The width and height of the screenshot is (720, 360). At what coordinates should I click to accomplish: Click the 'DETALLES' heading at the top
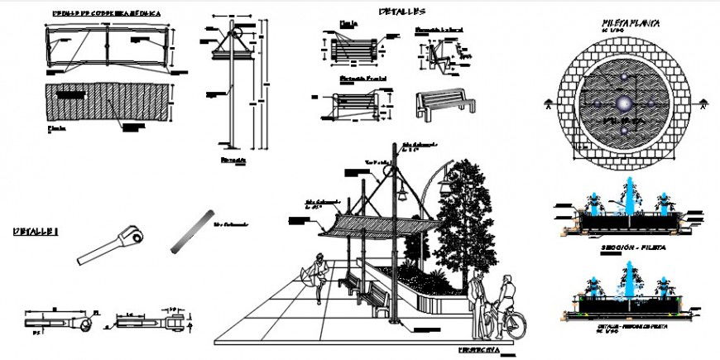pyautogui.click(x=402, y=12)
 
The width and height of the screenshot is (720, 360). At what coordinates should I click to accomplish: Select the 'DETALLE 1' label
pyautogui.click(x=36, y=233)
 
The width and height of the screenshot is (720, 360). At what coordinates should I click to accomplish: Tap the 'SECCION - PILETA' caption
pyautogui.click(x=630, y=247)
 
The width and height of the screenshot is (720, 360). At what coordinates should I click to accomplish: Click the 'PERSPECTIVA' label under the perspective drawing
pyautogui.click(x=481, y=350)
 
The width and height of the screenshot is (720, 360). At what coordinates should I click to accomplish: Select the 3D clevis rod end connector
pyautogui.click(x=114, y=247)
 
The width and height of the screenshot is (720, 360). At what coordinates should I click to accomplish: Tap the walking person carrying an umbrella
pyautogui.click(x=318, y=276)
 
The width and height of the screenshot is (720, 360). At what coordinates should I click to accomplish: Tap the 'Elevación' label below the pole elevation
pyautogui.click(x=233, y=158)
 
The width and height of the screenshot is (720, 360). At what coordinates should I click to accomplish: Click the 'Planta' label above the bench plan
pyautogui.click(x=348, y=24)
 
